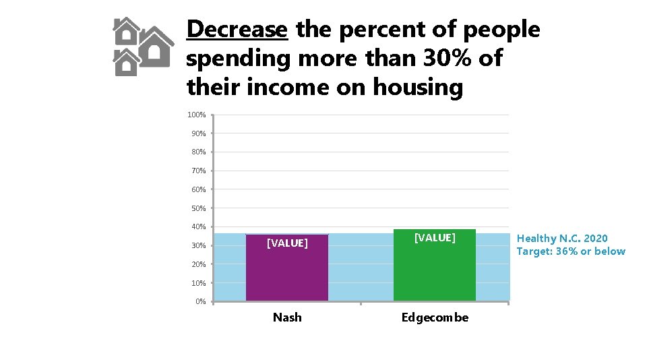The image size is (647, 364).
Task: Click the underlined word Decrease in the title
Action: [x=237, y=30]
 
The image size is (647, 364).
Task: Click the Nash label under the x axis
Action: [x=287, y=317]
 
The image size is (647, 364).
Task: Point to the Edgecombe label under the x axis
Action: [x=435, y=317]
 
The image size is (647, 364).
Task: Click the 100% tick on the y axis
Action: [x=196, y=115]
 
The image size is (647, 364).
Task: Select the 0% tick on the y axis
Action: [x=200, y=301]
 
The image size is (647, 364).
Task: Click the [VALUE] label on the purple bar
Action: [x=287, y=243]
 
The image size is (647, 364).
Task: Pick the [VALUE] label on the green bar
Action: [x=435, y=237]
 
